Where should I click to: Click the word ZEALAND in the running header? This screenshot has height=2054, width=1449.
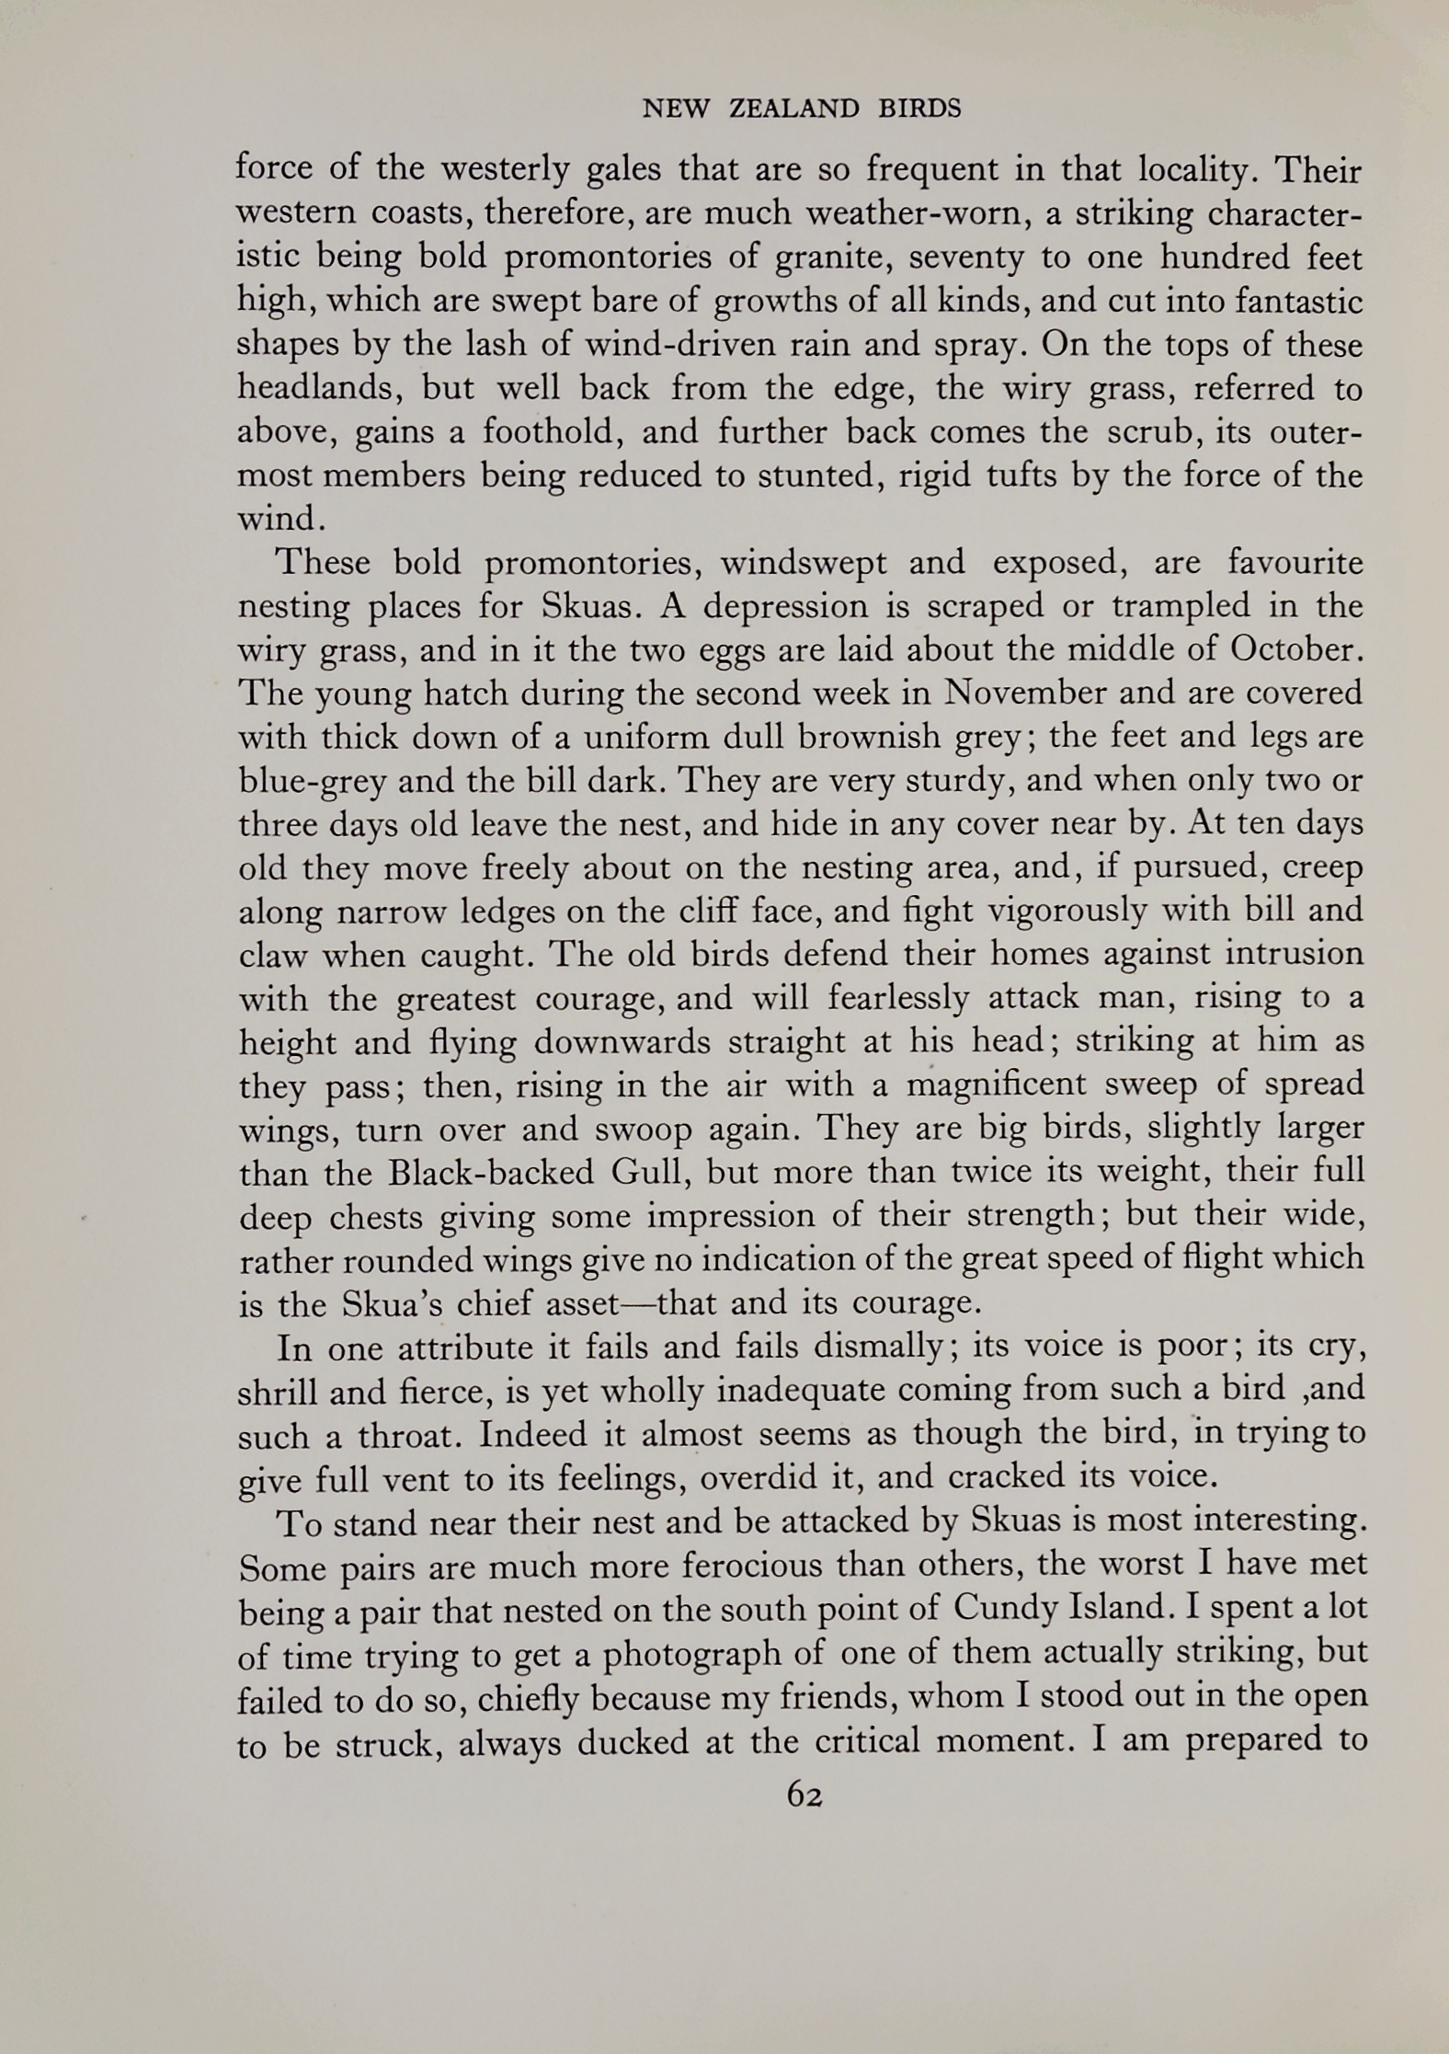coord(793,109)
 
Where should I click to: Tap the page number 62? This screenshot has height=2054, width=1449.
coord(804,1795)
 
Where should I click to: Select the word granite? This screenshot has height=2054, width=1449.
coord(832,258)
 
